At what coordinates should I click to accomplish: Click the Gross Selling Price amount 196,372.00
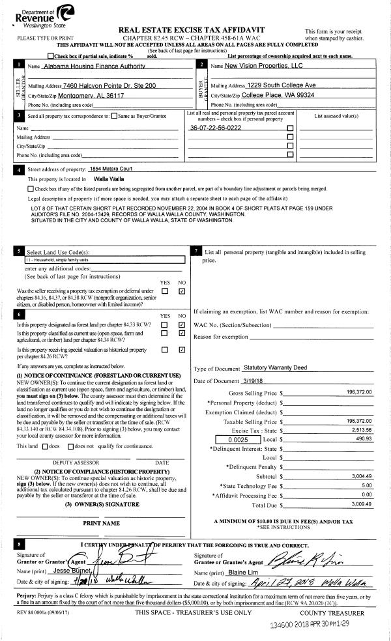(x=359, y=393)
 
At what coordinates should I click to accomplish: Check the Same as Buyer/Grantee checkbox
(x=115, y=116)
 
